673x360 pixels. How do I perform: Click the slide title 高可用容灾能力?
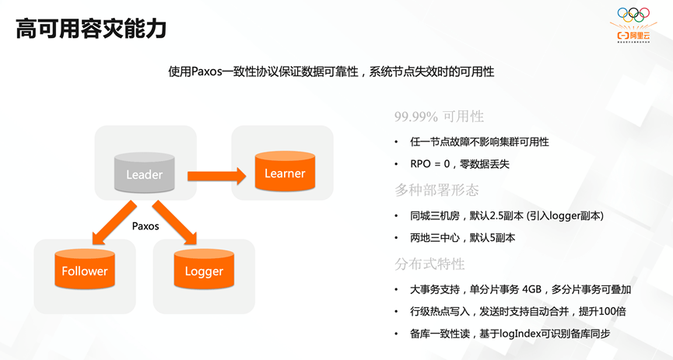[x=91, y=29]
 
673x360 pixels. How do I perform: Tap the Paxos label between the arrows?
[x=145, y=226]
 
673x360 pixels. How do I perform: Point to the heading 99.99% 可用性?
[x=439, y=117]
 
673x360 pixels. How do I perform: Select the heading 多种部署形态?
[x=436, y=190]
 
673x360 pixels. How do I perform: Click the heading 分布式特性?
[x=429, y=264]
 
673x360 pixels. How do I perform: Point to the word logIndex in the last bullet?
[x=509, y=334]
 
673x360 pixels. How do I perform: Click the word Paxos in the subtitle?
[x=209, y=72]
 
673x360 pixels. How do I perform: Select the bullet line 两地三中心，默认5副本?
[x=462, y=238]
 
